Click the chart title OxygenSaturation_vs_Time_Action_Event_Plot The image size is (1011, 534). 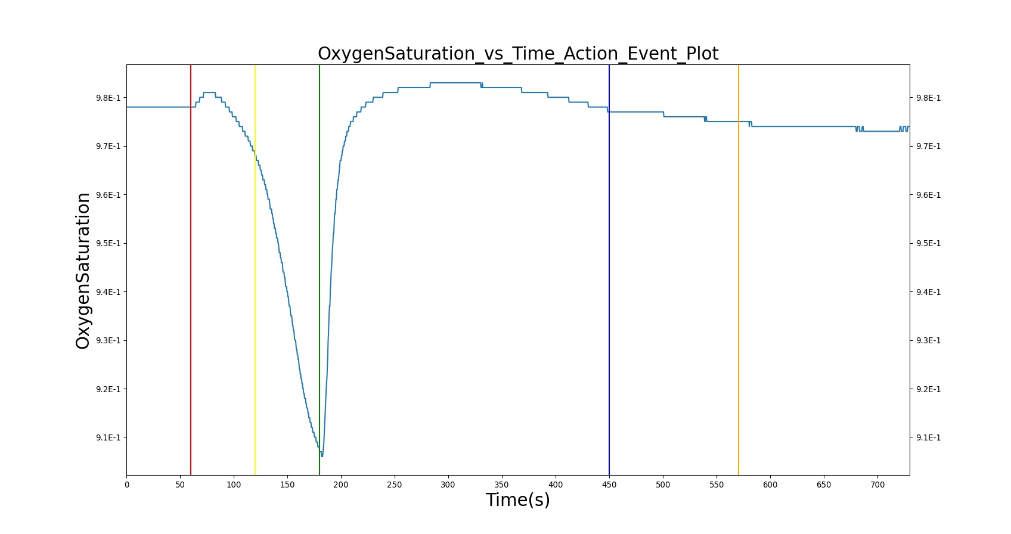click(517, 54)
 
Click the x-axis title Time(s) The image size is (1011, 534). click(517, 500)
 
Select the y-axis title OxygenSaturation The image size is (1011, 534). click(83, 271)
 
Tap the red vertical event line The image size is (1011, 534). click(191, 270)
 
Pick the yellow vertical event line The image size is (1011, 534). click(255, 270)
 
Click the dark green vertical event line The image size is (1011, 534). click(320, 270)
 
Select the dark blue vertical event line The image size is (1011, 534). click(609, 270)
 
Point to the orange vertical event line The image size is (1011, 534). click(739, 270)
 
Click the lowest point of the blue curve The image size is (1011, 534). click(322, 457)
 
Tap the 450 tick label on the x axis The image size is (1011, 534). click(609, 485)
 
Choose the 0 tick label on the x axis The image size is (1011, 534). click(127, 485)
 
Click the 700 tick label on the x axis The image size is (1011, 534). click(877, 485)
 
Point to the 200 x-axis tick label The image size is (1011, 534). click(341, 485)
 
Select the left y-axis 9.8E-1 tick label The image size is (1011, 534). click(108, 98)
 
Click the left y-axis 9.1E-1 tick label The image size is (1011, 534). click(108, 437)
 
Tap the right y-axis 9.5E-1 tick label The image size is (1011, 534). click(928, 243)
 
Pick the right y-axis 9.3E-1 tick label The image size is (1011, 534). click(928, 340)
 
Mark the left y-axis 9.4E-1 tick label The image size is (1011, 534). click(108, 292)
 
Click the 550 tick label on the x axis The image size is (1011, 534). click(717, 485)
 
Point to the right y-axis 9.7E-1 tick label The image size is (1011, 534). click(928, 146)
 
